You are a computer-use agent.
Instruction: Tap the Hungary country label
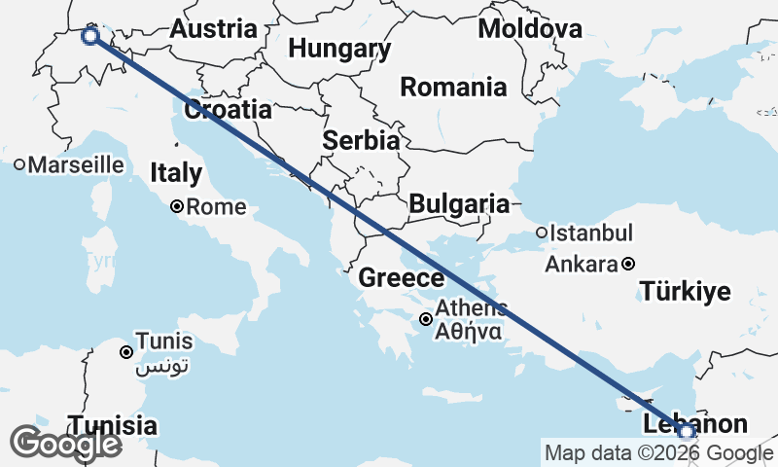(x=340, y=49)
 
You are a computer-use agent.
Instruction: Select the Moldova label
(x=529, y=28)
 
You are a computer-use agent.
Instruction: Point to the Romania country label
(x=453, y=87)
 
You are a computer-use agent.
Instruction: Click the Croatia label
(x=228, y=109)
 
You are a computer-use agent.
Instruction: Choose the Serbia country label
(x=361, y=140)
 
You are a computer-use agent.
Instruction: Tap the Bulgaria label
(x=459, y=204)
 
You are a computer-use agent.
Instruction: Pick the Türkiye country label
(x=686, y=290)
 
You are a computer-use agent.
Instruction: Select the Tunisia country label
(x=112, y=425)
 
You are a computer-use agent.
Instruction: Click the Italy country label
(x=176, y=174)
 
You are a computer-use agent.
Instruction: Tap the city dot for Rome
(x=177, y=206)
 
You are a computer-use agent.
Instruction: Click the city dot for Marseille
(x=19, y=165)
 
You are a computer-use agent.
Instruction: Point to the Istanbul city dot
(x=542, y=233)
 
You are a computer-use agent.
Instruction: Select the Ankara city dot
(x=629, y=264)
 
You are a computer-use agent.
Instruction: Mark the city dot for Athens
(x=426, y=319)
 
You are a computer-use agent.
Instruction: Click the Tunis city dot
(x=126, y=352)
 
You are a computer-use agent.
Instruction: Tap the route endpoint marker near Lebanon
(x=687, y=431)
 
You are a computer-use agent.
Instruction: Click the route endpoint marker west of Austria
(x=90, y=36)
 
